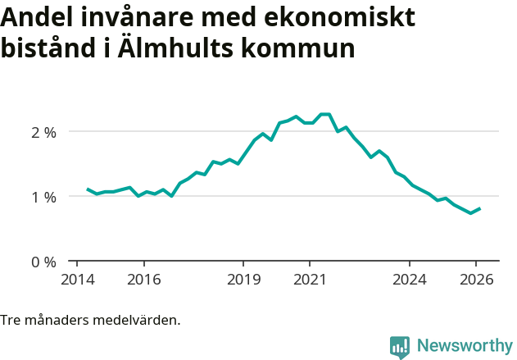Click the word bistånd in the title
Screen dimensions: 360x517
[x=49, y=48]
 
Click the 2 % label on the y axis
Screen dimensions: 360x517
[x=43, y=131]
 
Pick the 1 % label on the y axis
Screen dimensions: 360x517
[x=43, y=197]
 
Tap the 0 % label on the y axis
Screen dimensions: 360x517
[x=43, y=262]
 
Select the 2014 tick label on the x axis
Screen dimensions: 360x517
[x=77, y=279]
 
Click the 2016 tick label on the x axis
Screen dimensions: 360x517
[x=143, y=279]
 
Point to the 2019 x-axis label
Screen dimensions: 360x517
[x=243, y=279]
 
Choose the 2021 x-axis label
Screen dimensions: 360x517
[x=310, y=279]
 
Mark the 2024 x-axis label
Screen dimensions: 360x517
[x=410, y=279]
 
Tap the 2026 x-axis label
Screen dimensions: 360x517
[x=476, y=279]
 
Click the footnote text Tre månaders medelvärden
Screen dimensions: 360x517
[x=90, y=320]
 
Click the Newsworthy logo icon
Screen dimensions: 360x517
[x=400, y=347]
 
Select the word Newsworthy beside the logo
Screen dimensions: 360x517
[x=465, y=346]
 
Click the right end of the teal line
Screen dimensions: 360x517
[x=479, y=208]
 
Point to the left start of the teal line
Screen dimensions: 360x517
[x=88, y=189]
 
